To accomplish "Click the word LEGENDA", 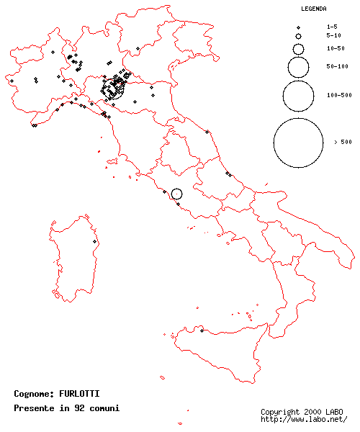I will [314, 9].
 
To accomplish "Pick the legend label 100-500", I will [339, 95].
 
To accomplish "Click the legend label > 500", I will [343, 143].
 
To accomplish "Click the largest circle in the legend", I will [298, 143].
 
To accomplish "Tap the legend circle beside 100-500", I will [298, 95].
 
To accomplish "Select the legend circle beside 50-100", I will [298, 66].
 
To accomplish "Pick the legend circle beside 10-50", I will [298, 48].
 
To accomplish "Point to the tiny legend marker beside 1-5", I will [298, 27].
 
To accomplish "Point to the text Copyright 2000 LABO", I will [302, 412].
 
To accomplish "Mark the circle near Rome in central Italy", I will [177, 194].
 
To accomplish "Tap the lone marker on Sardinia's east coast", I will [95, 242].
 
